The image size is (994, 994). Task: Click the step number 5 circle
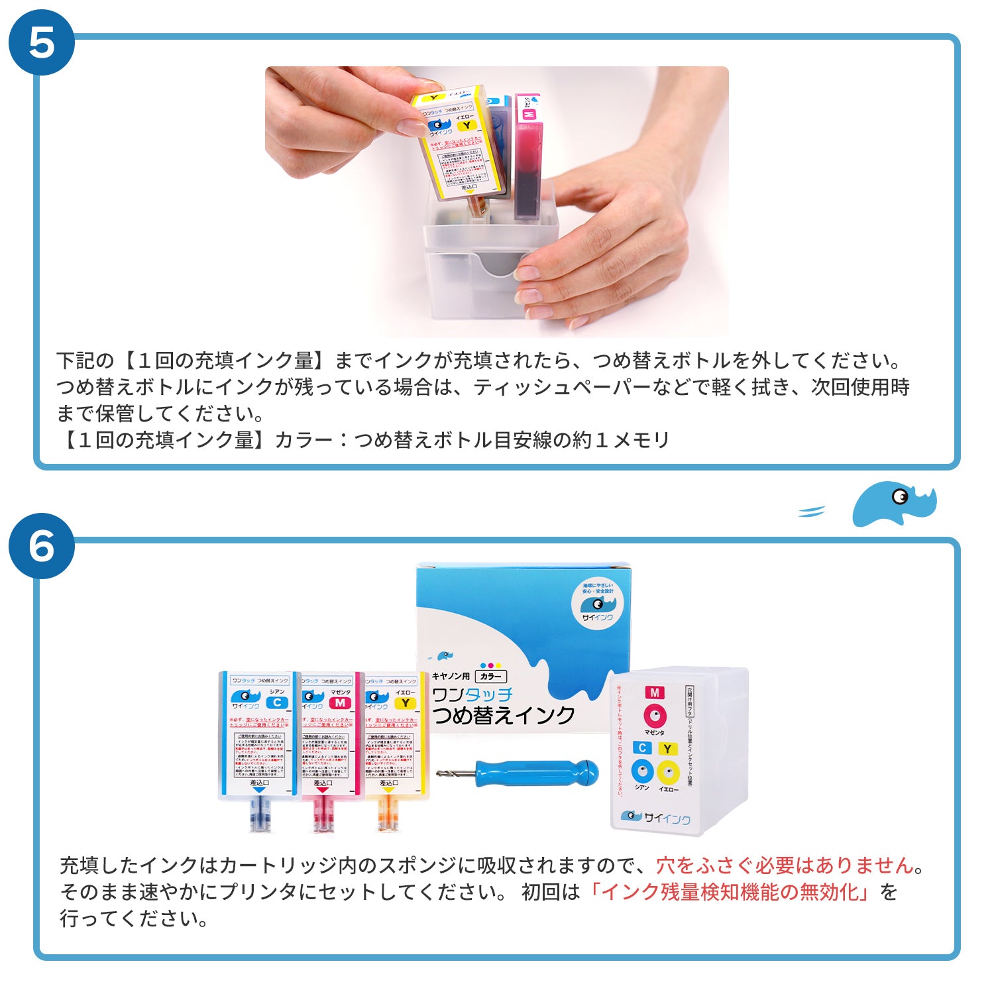coord(41,42)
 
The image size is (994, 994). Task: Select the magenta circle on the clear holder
coord(655,716)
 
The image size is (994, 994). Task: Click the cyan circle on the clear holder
coord(642,771)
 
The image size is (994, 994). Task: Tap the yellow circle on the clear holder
coord(669,771)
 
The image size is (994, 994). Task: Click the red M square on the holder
coord(655,692)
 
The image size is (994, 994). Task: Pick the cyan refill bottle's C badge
coord(276,702)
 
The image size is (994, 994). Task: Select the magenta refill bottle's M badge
coord(340,702)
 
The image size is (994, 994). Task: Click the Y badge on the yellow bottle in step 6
coord(405,702)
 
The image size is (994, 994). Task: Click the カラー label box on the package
coord(491,677)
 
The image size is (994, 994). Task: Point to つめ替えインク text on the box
coord(504,716)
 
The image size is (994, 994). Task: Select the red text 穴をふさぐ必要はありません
coord(785,865)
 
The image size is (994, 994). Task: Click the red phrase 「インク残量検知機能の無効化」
coord(729,892)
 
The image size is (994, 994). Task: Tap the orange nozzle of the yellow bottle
coord(388,814)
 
